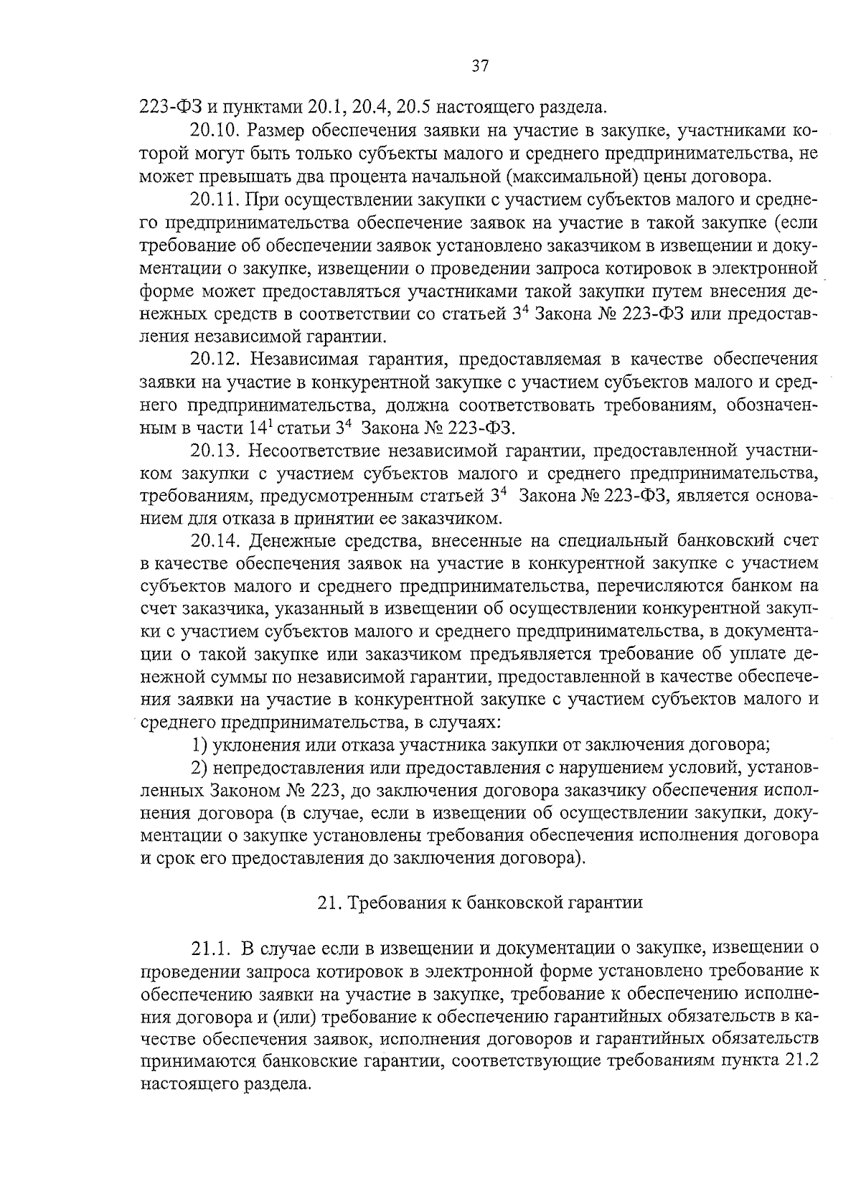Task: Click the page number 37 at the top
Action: (479, 67)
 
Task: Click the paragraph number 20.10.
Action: (215, 131)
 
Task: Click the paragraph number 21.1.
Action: (210, 949)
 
